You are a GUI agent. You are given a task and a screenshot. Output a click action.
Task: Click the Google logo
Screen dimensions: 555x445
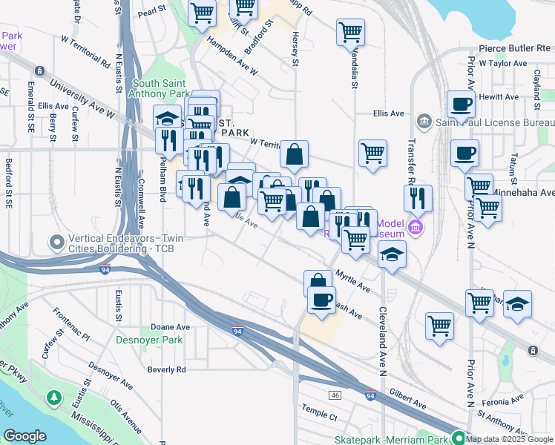24,436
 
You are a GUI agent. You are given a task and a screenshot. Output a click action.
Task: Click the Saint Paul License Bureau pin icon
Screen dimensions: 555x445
424,120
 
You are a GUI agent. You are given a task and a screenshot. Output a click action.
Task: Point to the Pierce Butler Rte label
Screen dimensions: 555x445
511,47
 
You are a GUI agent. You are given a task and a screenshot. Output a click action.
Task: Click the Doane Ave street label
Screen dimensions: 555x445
170,326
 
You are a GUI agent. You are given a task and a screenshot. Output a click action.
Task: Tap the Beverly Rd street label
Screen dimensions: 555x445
165,369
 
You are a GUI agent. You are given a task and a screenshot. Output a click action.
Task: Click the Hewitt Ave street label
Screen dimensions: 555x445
499,96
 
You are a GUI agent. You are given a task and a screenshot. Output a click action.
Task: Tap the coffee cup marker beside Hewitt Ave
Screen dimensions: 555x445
461,105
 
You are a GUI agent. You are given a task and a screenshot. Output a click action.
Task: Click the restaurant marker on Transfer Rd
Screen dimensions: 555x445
418,199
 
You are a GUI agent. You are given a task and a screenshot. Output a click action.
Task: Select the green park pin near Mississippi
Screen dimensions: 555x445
53,398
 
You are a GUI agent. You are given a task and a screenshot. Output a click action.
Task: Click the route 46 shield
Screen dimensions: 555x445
335,395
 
